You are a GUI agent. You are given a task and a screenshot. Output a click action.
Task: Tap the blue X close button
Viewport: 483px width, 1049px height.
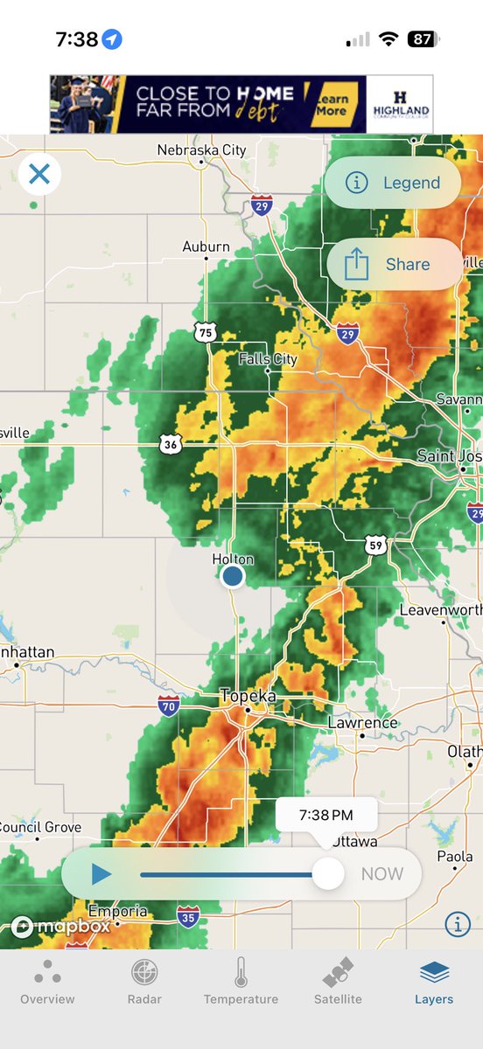coord(39,174)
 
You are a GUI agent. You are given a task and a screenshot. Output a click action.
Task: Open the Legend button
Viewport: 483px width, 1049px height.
coord(393,183)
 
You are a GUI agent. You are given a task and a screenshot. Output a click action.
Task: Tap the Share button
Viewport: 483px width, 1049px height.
coord(394,264)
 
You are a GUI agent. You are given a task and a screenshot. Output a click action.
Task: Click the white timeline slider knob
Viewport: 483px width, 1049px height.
coord(328,873)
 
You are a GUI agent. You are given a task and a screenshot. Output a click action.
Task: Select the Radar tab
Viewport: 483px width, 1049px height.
coord(144,981)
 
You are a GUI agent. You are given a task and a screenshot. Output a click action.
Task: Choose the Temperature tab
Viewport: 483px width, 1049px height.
coord(241,981)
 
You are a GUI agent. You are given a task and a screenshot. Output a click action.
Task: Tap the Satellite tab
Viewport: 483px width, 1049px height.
coord(338,981)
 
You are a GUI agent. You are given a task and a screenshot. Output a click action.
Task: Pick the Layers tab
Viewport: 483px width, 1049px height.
coord(434,981)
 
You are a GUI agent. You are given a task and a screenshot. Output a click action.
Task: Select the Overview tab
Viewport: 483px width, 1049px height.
coord(47,981)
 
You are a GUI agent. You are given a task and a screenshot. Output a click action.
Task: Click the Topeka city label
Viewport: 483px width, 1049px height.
coord(248,697)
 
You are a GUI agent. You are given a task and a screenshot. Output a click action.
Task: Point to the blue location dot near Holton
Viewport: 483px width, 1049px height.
coord(232,575)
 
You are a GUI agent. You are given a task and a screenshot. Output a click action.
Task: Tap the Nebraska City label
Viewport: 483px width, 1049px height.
coord(201,150)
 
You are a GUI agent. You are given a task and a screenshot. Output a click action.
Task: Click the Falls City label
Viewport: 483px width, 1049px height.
coord(269,359)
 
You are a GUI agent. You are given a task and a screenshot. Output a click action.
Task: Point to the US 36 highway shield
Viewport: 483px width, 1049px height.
coord(171,444)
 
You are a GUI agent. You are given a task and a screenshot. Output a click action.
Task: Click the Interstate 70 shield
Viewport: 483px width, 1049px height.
coord(169,705)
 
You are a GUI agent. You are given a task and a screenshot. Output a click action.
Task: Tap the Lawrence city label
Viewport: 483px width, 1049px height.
coord(362,724)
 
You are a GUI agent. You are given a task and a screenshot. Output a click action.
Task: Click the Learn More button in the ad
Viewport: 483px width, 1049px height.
coord(331,104)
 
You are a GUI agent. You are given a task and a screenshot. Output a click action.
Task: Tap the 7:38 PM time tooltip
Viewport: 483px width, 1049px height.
coord(326,815)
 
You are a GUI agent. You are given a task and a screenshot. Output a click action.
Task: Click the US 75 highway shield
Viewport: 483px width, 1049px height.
coord(205,331)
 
